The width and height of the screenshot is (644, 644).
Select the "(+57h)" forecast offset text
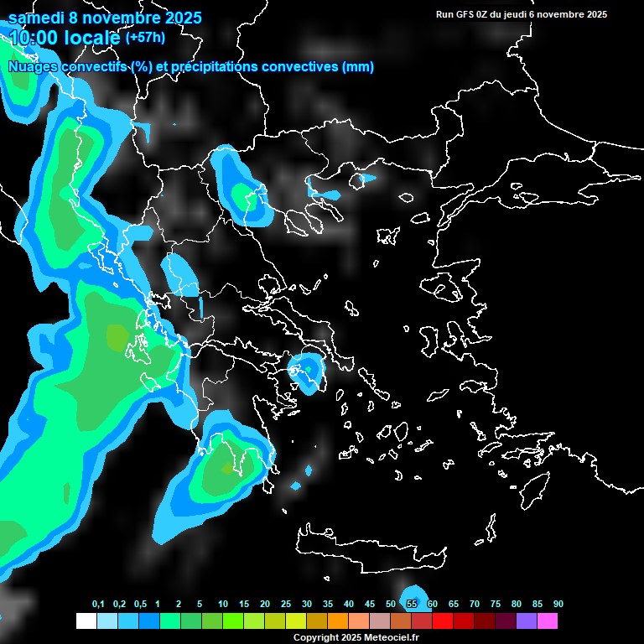[145, 38]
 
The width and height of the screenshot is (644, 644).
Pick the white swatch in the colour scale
[86, 621]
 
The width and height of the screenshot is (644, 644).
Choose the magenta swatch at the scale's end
[548, 621]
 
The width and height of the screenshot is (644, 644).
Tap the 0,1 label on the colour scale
[98, 605]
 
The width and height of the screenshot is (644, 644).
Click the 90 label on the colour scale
[558, 605]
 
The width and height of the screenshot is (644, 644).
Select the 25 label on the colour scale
[286, 605]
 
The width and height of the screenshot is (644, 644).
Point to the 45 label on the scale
[370, 605]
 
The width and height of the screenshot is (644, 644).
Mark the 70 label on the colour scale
[475, 605]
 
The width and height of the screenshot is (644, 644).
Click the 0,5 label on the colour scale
[139, 605]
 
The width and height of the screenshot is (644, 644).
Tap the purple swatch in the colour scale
[527, 621]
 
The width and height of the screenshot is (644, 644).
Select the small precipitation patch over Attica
[308, 369]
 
